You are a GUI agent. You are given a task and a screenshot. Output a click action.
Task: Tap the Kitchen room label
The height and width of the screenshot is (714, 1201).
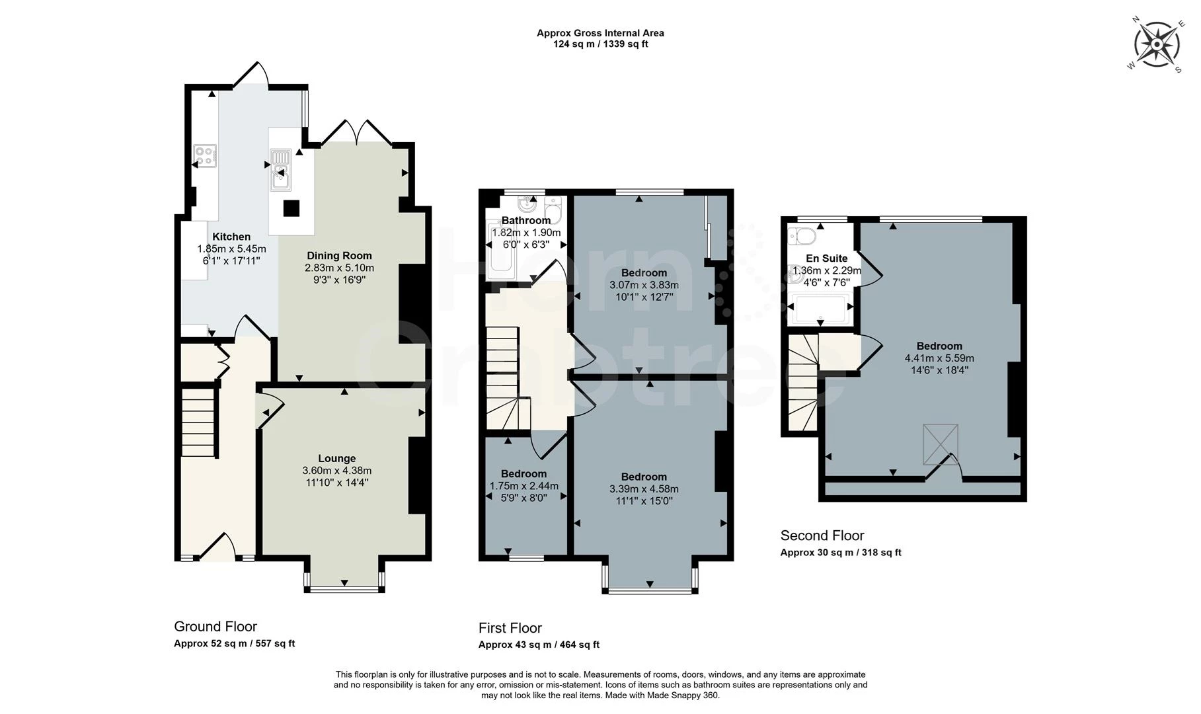pos(231,237)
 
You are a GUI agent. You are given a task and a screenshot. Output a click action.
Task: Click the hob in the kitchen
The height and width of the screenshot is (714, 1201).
pos(205,156)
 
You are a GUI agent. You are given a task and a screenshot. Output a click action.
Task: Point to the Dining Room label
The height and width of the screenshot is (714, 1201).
pos(339,256)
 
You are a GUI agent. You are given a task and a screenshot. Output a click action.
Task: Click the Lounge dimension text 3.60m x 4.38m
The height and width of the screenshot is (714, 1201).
pos(337,471)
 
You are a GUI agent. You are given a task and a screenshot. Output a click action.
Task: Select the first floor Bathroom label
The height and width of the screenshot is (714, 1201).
pos(525,221)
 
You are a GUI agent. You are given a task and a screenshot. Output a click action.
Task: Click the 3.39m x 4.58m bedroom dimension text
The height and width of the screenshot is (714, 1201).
pos(644,489)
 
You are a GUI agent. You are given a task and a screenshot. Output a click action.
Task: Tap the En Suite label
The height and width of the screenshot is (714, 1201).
pos(826,258)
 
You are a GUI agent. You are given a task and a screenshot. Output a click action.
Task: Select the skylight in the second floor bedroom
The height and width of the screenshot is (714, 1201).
pos(940,444)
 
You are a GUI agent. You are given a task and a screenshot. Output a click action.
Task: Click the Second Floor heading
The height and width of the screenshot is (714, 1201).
pos(822,535)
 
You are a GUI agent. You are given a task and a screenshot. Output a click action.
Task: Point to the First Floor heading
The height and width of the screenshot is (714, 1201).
pos(510,628)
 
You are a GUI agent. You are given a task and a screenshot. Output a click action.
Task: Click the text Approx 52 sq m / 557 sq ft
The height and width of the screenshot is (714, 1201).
pos(234,643)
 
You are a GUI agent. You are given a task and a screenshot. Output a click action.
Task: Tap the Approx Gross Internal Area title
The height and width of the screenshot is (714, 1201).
pos(600,33)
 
